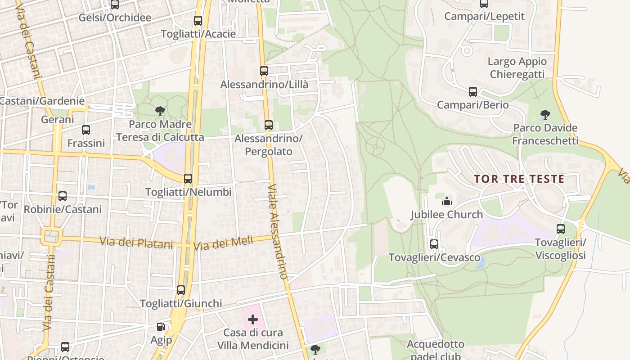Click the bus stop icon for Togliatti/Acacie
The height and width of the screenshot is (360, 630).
coord(198,21)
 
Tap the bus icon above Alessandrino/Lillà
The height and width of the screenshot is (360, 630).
coord(264,71)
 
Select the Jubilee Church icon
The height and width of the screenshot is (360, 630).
coord(446,201)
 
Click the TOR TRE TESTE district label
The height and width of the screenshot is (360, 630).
coord(519,179)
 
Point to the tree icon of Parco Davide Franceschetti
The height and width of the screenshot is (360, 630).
coord(545,115)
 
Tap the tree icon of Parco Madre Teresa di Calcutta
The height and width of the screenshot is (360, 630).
coord(160,111)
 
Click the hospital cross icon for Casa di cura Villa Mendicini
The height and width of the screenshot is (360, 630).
coord(253,319)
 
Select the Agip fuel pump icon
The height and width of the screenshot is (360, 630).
coord(161,327)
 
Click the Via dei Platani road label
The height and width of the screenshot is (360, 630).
coord(136,243)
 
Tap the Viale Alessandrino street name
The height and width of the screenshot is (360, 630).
coord(277,232)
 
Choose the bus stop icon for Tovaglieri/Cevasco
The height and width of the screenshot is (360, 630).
coord(434,244)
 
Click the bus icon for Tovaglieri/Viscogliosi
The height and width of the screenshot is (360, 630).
coord(560,229)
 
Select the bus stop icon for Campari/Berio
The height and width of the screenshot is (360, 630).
coord(472,92)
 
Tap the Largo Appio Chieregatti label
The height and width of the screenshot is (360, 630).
coord(517,68)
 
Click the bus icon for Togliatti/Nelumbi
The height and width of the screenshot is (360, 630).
coord(188,179)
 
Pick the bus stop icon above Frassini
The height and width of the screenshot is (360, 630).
coord(86,130)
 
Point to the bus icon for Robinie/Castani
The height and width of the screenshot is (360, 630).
coord(63,196)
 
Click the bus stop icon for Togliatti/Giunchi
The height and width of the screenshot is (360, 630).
coord(181,290)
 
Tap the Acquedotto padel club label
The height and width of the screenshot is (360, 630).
coord(435,350)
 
